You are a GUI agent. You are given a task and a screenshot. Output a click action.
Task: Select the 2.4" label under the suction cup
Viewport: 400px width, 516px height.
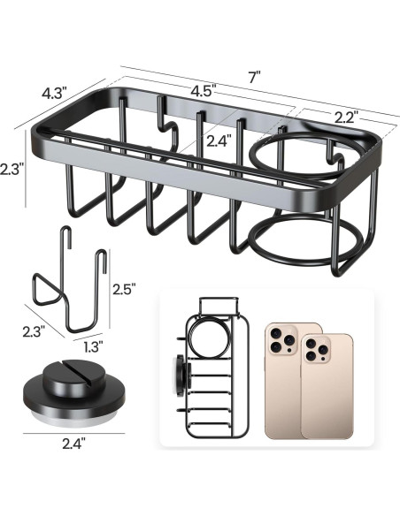click(73, 444)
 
